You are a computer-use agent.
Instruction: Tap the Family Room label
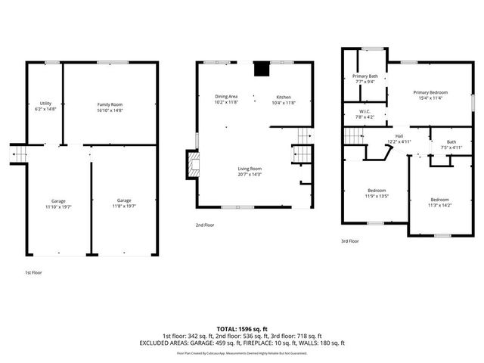click(110, 107)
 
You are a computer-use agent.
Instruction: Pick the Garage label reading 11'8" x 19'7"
click(124, 202)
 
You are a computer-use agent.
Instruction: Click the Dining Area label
click(227, 99)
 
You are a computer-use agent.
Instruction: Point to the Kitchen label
click(284, 99)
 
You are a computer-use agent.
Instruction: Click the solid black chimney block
click(262, 69)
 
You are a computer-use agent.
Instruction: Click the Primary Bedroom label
click(431, 95)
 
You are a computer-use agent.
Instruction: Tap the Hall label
click(399, 139)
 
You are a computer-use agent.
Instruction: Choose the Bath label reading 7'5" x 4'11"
click(451, 144)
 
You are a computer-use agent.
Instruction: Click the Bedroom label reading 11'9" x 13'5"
click(377, 192)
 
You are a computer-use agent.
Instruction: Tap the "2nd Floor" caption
click(206, 225)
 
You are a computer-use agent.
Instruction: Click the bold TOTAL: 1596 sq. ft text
click(241, 329)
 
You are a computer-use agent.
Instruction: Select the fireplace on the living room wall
click(194, 164)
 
